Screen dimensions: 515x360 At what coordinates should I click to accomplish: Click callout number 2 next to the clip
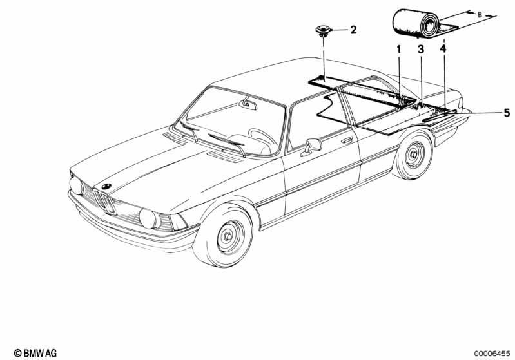(x=353, y=30)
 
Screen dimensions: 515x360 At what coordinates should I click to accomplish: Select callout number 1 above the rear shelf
(x=399, y=50)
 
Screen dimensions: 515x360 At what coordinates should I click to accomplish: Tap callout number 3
(x=421, y=50)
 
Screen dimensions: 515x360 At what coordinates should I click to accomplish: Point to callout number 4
(x=443, y=49)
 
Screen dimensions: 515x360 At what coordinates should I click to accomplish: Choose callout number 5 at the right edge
(x=507, y=113)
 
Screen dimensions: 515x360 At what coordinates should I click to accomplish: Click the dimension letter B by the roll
(x=480, y=14)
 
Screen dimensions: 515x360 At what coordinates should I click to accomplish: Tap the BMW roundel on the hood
(x=106, y=186)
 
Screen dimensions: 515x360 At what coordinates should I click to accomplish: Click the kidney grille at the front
(x=104, y=201)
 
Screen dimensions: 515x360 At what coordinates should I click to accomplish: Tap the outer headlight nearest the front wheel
(x=148, y=219)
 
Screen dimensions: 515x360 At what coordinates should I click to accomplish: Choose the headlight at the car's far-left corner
(x=77, y=185)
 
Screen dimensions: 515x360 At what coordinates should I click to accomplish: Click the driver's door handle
(x=347, y=140)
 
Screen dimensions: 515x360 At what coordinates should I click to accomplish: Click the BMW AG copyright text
(x=35, y=354)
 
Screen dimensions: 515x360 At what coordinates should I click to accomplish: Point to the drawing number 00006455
(x=492, y=353)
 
